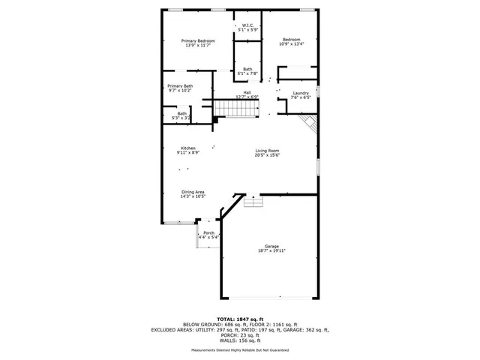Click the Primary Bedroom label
tap(198, 43)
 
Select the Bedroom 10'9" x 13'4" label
tap(292, 41)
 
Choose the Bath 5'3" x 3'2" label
tap(181, 115)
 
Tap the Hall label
tap(247, 94)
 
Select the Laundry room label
tap(300, 94)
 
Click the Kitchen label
tap(187, 150)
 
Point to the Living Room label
tap(267, 153)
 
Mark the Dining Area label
tap(193, 193)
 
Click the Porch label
tap(208, 235)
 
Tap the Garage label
tap(271, 250)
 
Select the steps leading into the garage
tap(253, 202)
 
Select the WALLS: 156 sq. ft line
tap(239, 340)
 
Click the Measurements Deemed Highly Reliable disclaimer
tap(239, 349)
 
